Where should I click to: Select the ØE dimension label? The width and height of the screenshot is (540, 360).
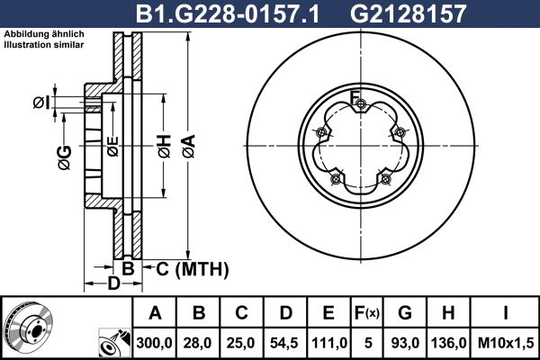[x=112, y=146]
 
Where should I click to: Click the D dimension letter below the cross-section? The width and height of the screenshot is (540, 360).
[x=113, y=285]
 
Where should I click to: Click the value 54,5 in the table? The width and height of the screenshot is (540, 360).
[x=286, y=343]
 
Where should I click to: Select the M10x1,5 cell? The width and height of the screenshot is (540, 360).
[x=505, y=343]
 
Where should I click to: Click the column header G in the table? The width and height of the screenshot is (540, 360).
[x=406, y=314]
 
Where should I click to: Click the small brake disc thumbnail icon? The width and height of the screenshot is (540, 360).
[x=28, y=328]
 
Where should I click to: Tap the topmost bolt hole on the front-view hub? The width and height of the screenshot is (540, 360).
[x=360, y=109]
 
